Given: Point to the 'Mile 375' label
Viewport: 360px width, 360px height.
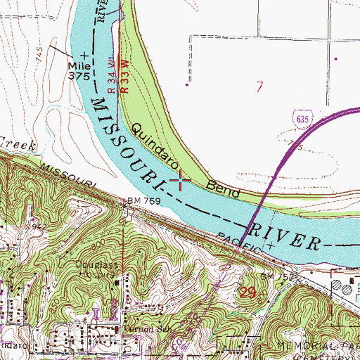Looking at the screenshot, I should (x=79, y=69).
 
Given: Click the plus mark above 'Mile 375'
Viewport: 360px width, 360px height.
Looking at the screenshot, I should (x=84, y=54).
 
